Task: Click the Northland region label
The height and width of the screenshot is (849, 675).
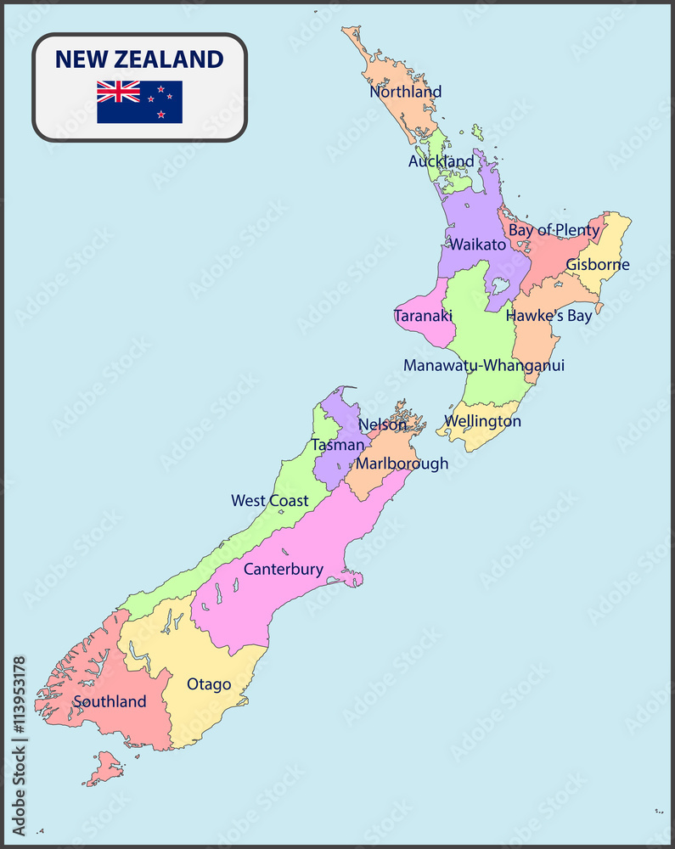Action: (405, 92)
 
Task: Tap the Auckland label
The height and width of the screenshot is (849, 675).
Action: (441, 161)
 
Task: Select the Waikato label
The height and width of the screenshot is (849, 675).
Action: (478, 245)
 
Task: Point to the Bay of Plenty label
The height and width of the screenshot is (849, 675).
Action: (554, 230)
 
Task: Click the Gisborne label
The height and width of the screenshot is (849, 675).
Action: (598, 264)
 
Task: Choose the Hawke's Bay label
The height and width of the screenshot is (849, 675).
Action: (548, 316)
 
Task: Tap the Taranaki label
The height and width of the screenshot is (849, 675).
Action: (423, 316)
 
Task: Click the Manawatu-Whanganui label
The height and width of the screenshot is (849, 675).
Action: (484, 365)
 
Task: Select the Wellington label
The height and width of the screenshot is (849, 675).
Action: (482, 421)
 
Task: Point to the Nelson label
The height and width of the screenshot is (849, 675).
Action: (382, 424)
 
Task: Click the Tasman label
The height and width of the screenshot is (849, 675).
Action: (337, 444)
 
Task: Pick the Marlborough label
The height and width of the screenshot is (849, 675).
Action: (402, 464)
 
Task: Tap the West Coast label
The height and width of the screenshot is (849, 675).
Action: (270, 501)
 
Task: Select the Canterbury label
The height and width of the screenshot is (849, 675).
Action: (284, 569)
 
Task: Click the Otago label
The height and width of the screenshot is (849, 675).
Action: (209, 684)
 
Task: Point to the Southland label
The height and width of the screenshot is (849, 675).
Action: (110, 702)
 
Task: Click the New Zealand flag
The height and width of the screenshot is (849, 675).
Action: (139, 102)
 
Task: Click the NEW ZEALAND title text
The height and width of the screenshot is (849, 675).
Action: (139, 59)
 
